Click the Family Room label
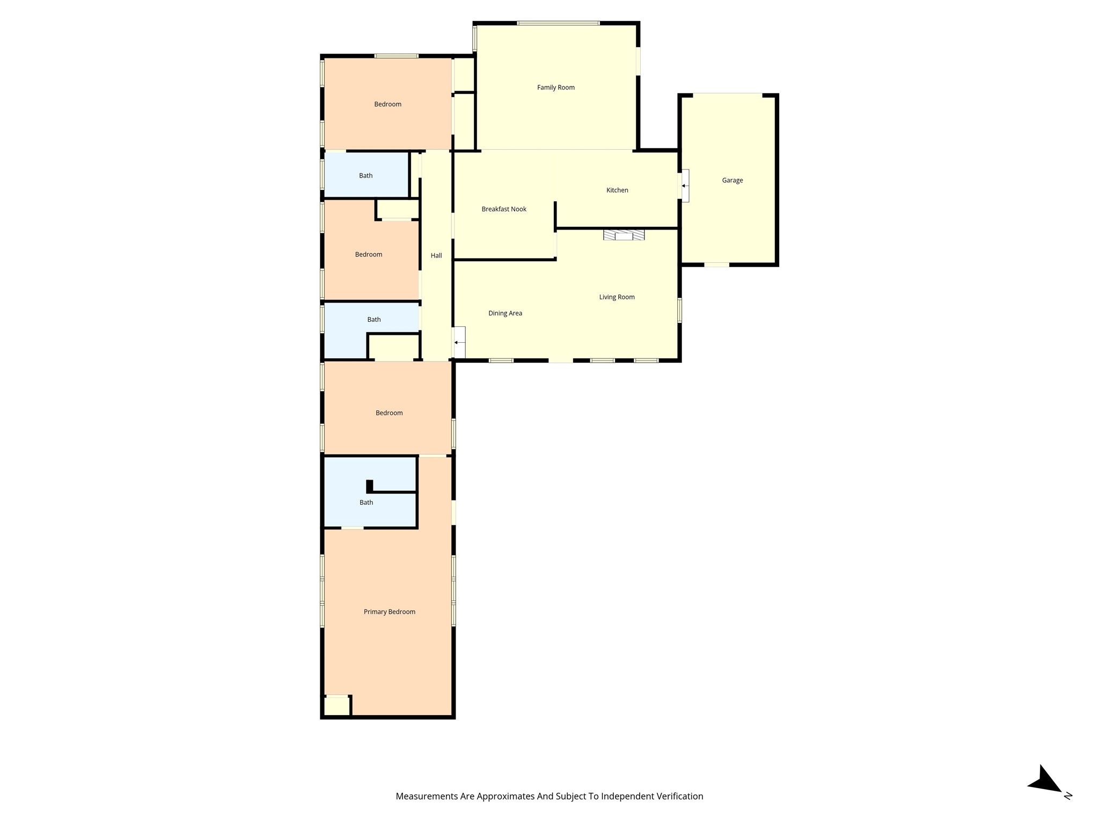tap(555, 87)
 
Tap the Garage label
tap(732, 180)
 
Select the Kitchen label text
tap(617, 190)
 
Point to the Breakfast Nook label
tap(503, 209)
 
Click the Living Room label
tap(617, 297)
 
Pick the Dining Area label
tap(505, 313)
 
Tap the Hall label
tap(436, 255)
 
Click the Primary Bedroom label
tap(389, 612)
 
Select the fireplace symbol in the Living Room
tap(624, 235)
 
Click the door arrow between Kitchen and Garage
tap(684, 186)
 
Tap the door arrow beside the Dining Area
tap(457, 342)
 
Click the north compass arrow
tap(1045, 781)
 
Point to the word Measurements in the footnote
tap(426, 796)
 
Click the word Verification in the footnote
tap(678, 796)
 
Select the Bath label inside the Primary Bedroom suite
tap(366, 503)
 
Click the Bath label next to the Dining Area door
tap(373, 320)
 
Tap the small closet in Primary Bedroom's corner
tap(337, 705)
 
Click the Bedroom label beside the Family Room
tap(387, 104)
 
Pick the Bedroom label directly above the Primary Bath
tap(389, 413)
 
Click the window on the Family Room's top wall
tap(558, 23)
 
